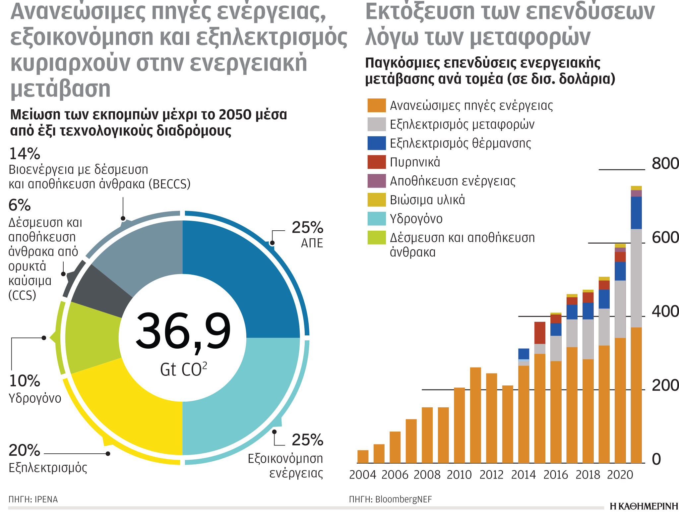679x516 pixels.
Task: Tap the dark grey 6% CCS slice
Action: pos(99,292)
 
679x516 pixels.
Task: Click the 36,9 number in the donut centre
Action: pos(183,331)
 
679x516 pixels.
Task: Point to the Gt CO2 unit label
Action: pos(183,369)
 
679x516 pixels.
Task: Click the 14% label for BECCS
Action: pos(24,154)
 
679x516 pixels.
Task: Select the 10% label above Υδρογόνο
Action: pos(24,381)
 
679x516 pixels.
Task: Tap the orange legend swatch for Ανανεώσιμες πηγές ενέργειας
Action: pos(376,105)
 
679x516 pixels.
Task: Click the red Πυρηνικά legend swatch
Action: pos(376,162)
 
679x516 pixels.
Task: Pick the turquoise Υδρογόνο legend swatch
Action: pos(376,219)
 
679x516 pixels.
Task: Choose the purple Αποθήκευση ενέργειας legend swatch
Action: pos(376,181)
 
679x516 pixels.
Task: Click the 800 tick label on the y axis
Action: pos(665,164)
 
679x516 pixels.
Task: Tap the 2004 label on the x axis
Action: pos(362,475)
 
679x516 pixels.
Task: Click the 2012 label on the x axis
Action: pos(491,475)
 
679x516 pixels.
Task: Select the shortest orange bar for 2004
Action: pos(363,457)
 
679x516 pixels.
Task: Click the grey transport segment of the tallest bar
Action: pos(636,278)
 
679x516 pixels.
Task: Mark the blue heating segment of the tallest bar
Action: pos(636,213)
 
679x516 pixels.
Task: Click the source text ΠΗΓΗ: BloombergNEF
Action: pos(390,499)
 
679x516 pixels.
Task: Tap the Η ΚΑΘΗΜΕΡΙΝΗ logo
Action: pos(644,506)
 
